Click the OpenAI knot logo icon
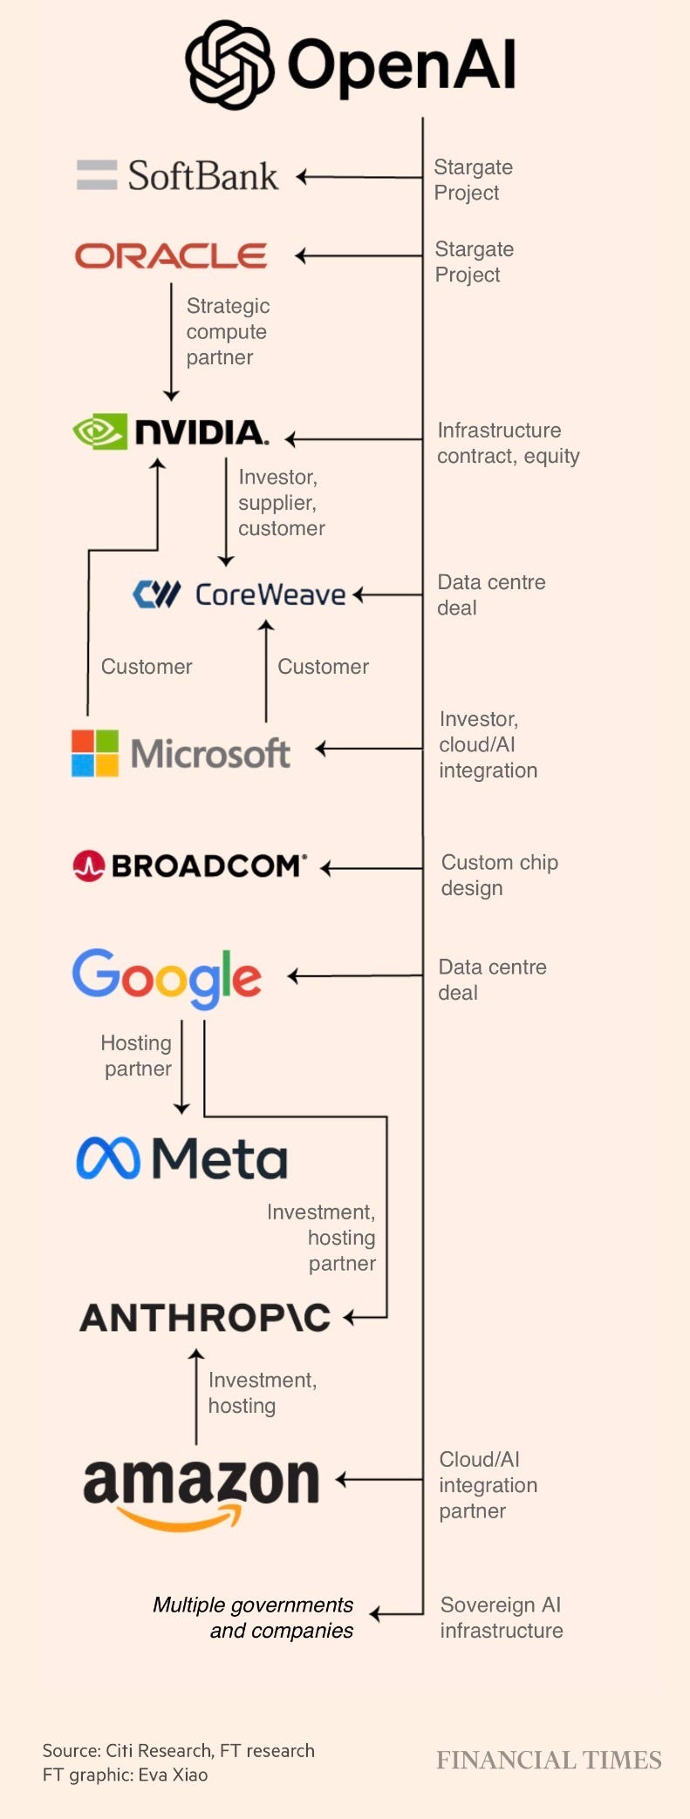tap(229, 65)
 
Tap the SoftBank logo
tap(178, 176)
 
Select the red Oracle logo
tap(171, 255)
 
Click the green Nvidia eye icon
tap(99, 431)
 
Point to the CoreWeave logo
tap(239, 594)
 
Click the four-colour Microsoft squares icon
tap(95, 753)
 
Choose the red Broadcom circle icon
tap(88, 865)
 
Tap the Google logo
tap(167, 978)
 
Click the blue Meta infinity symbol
tap(108, 1158)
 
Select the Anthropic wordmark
tap(206, 1318)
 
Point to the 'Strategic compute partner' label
tap(228, 332)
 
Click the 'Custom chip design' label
tap(499, 875)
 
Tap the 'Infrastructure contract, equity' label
tap(508, 443)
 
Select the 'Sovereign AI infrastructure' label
tap(501, 1618)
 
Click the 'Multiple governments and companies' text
tap(253, 1618)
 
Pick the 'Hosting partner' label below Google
tap(137, 1055)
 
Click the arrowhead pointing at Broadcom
tap(326, 868)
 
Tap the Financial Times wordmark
tap(549, 1760)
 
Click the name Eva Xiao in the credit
tap(173, 1775)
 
